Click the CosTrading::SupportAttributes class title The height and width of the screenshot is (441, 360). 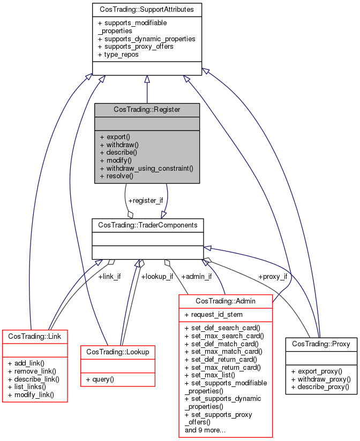(147, 10)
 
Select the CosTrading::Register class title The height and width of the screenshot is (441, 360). (147, 109)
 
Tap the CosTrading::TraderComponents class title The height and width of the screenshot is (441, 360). (147, 225)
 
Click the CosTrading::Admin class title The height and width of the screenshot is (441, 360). (226, 301)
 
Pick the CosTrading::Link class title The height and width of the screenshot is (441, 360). (35, 336)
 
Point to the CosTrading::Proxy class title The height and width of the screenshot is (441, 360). (321, 344)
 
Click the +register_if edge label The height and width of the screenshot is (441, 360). (145, 200)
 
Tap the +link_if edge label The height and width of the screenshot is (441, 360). (109, 277)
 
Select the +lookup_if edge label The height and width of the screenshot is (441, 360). (157, 277)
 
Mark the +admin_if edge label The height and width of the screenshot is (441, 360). (197, 277)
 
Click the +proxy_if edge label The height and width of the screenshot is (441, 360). (273, 277)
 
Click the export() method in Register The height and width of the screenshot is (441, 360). (115, 136)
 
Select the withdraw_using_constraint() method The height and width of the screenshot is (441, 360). (146, 168)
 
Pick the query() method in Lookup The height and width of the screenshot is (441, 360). (103, 379)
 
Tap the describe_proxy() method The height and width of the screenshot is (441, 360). (320, 386)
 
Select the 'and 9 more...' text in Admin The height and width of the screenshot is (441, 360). (205, 430)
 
